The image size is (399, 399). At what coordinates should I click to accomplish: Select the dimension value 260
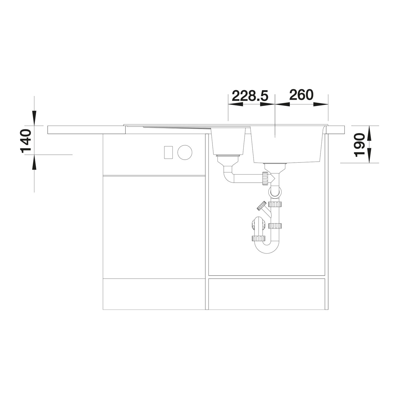(301, 95)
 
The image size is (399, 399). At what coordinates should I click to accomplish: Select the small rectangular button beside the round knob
(168, 152)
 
